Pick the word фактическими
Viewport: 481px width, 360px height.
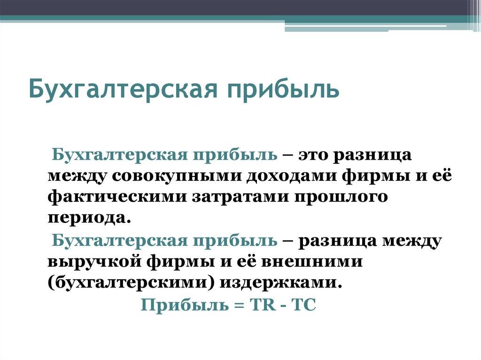117,197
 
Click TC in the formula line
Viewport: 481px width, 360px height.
304,305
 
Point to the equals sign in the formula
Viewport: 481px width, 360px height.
240,306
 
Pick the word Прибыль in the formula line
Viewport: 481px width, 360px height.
185,305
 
